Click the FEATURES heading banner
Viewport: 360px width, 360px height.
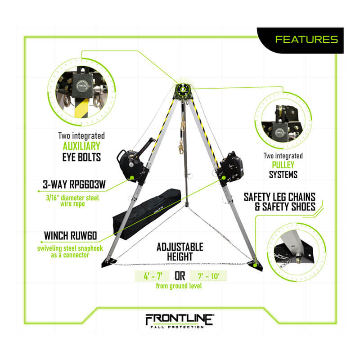pyautogui.click(x=306, y=40)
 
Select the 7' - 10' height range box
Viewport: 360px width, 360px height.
pyautogui.click(x=207, y=275)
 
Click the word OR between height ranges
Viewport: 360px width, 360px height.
pyautogui.click(x=180, y=275)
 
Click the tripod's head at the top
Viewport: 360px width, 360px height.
pyautogui.click(x=184, y=90)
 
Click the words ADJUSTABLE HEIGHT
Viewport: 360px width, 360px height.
pyautogui.click(x=180, y=252)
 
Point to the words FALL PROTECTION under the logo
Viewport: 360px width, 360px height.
pyautogui.click(x=180, y=327)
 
